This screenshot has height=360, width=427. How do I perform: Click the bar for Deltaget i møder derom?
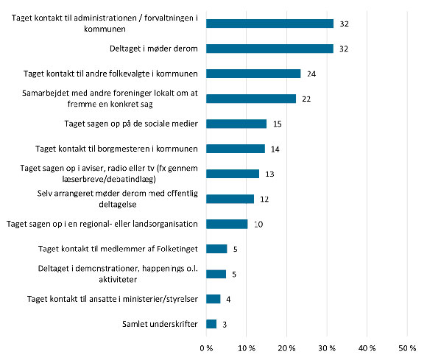click(x=269, y=49)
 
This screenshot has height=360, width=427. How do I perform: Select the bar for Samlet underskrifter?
click(x=211, y=324)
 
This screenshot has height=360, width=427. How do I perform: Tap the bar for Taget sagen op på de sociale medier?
click(x=236, y=124)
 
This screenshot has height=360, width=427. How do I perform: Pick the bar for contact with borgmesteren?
click(x=235, y=149)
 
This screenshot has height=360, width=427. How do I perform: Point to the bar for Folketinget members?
click(x=216, y=249)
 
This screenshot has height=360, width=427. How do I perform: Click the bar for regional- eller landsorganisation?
click(x=227, y=224)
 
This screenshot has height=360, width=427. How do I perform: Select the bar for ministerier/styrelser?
click(x=213, y=299)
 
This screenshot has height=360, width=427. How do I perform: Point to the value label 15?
click(x=278, y=124)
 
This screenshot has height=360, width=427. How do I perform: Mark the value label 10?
click(x=259, y=224)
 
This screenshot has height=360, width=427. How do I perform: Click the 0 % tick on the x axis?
click(x=206, y=347)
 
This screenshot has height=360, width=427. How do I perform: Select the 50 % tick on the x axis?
click(x=406, y=347)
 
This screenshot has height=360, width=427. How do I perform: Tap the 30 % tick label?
click(x=326, y=347)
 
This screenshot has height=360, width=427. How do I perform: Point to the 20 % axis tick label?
click(x=286, y=347)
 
